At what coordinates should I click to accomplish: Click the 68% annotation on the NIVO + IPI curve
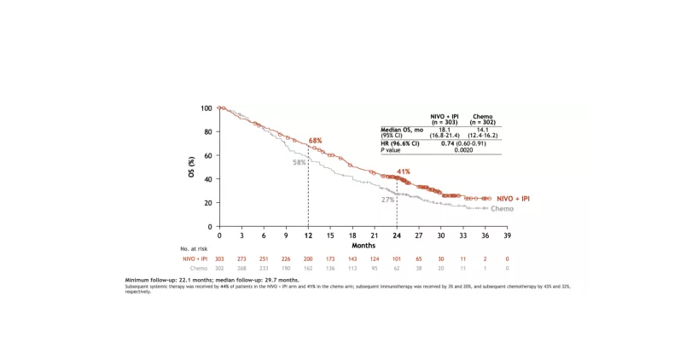pyautogui.click(x=315, y=140)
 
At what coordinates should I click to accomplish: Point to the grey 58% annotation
pyautogui.click(x=299, y=162)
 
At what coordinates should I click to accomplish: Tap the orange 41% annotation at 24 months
pyautogui.click(x=404, y=172)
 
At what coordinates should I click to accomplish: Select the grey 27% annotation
pyautogui.click(x=387, y=200)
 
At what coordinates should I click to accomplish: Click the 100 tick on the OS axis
pyautogui.click(x=206, y=108)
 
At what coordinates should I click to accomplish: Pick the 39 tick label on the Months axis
pyautogui.click(x=507, y=235)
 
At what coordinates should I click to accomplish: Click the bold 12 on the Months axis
pyautogui.click(x=308, y=235)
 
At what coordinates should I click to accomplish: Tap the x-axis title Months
pyautogui.click(x=363, y=245)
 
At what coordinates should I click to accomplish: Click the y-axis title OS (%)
pyautogui.click(x=191, y=167)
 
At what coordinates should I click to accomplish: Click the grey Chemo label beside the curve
pyautogui.click(x=502, y=208)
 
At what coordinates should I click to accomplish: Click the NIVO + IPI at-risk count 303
pyautogui.click(x=219, y=258)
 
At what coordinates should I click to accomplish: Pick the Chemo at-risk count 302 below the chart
pyautogui.click(x=219, y=268)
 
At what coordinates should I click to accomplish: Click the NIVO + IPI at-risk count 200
pyautogui.click(x=308, y=258)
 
